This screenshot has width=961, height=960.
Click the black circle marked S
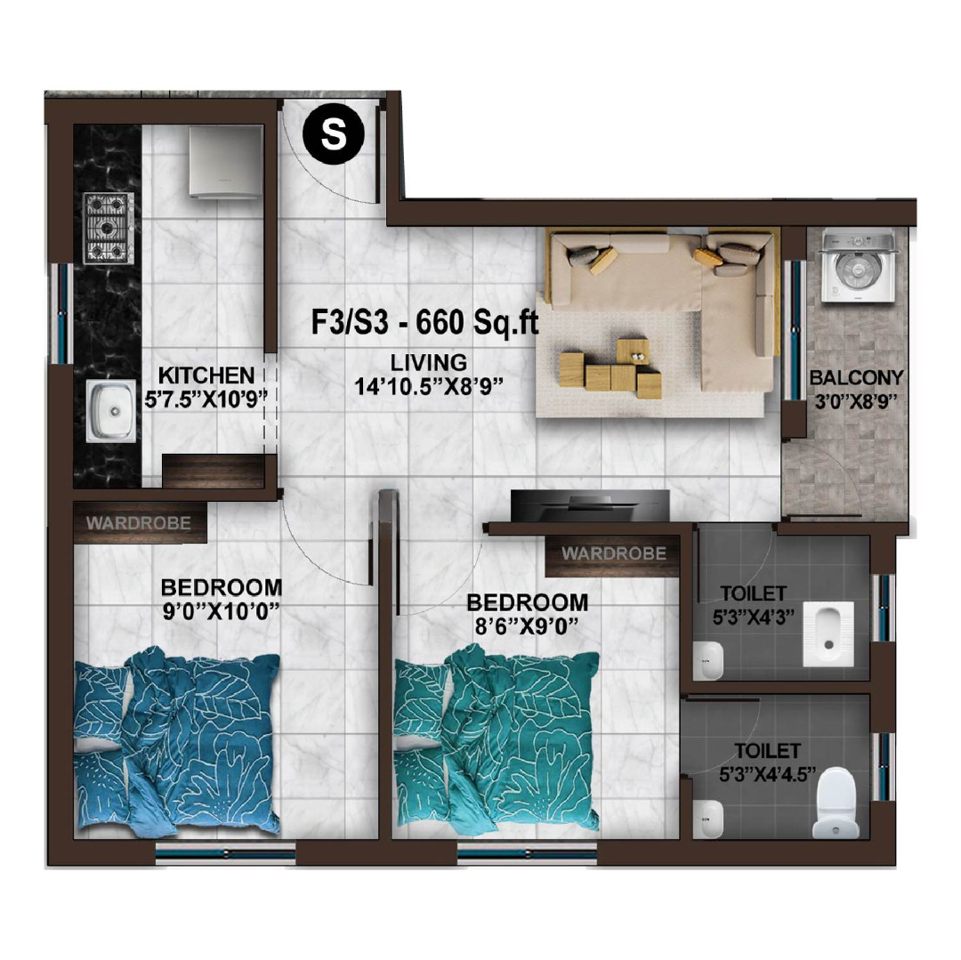coord(334,133)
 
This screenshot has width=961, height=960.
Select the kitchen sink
coord(111,411)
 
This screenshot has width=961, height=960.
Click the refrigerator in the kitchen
coord(225,162)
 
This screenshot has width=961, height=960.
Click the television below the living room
coord(590,505)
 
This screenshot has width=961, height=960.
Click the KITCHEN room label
coord(206,375)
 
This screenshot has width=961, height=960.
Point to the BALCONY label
coord(856,377)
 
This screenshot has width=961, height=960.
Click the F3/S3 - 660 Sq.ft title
coord(424,322)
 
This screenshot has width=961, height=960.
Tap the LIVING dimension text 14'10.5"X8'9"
coord(428,386)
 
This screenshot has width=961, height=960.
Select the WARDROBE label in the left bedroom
coord(139,523)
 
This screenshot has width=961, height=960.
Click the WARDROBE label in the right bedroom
coord(613,553)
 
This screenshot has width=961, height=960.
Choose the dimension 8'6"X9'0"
coord(527,626)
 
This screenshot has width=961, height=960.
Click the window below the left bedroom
coord(225,852)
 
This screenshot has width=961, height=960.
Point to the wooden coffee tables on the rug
coord(610,368)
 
